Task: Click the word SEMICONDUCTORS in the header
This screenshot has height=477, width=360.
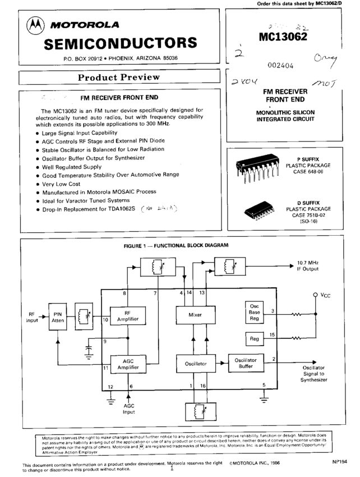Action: (120, 43)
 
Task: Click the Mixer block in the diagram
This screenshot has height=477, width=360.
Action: (195, 315)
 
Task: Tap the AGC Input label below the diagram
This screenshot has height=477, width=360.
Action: (130, 408)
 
